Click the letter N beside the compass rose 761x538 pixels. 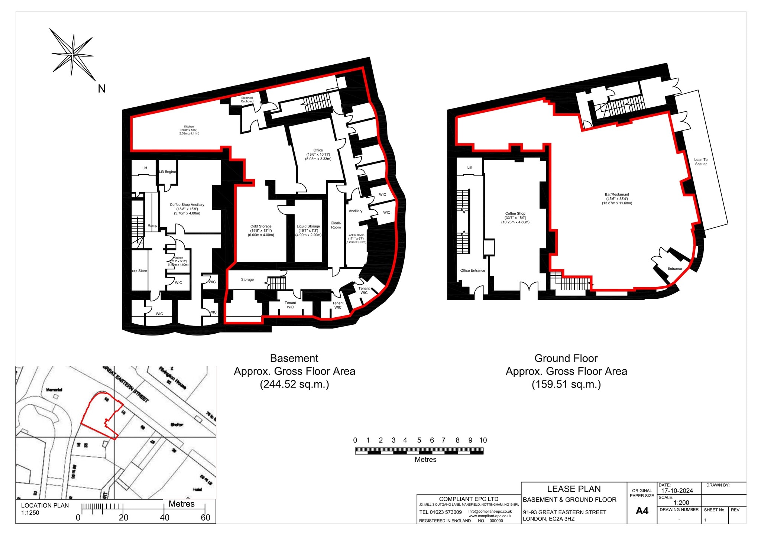click(x=101, y=89)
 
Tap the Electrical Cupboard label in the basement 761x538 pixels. click(x=247, y=100)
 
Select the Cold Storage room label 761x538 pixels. click(x=261, y=230)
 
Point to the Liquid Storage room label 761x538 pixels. click(x=308, y=230)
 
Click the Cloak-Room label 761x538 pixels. click(x=336, y=225)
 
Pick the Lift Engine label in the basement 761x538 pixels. click(x=167, y=172)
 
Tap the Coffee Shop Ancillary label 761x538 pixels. click(x=187, y=209)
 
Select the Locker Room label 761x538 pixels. click(x=356, y=238)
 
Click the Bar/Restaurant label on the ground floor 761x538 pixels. click(x=617, y=199)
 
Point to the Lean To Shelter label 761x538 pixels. click(x=701, y=162)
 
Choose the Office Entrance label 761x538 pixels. click(x=472, y=270)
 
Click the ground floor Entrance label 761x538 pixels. click(x=674, y=269)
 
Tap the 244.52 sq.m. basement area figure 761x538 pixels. click(x=294, y=384)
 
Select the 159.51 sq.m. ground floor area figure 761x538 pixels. click(x=566, y=384)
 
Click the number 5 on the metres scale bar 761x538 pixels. click(x=419, y=440)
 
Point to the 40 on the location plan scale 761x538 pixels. click(x=164, y=518)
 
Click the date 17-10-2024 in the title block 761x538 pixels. click(x=677, y=491)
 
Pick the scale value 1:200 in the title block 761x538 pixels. click(x=681, y=503)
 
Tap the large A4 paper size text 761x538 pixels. click(x=642, y=511)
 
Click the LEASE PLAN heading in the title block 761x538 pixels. click(x=574, y=489)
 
